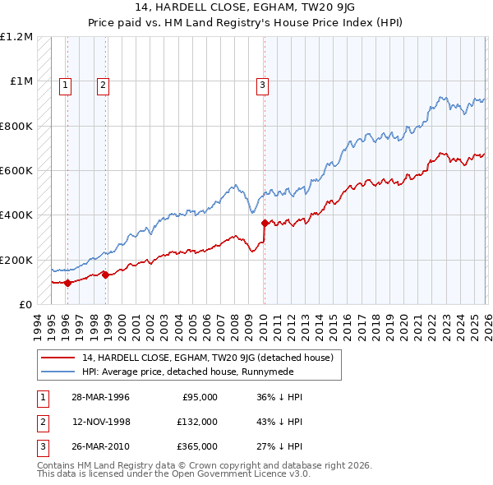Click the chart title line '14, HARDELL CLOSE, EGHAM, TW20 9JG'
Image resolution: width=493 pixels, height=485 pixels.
(246, 9)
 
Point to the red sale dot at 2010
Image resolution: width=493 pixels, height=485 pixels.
(265, 223)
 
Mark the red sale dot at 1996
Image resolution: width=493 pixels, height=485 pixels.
(68, 283)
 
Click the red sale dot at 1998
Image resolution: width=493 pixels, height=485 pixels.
(105, 275)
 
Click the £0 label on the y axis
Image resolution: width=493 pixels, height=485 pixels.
(25, 304)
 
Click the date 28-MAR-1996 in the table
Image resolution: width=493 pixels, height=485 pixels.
(101, 396)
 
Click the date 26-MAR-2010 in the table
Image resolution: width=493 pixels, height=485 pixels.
(101, 447)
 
